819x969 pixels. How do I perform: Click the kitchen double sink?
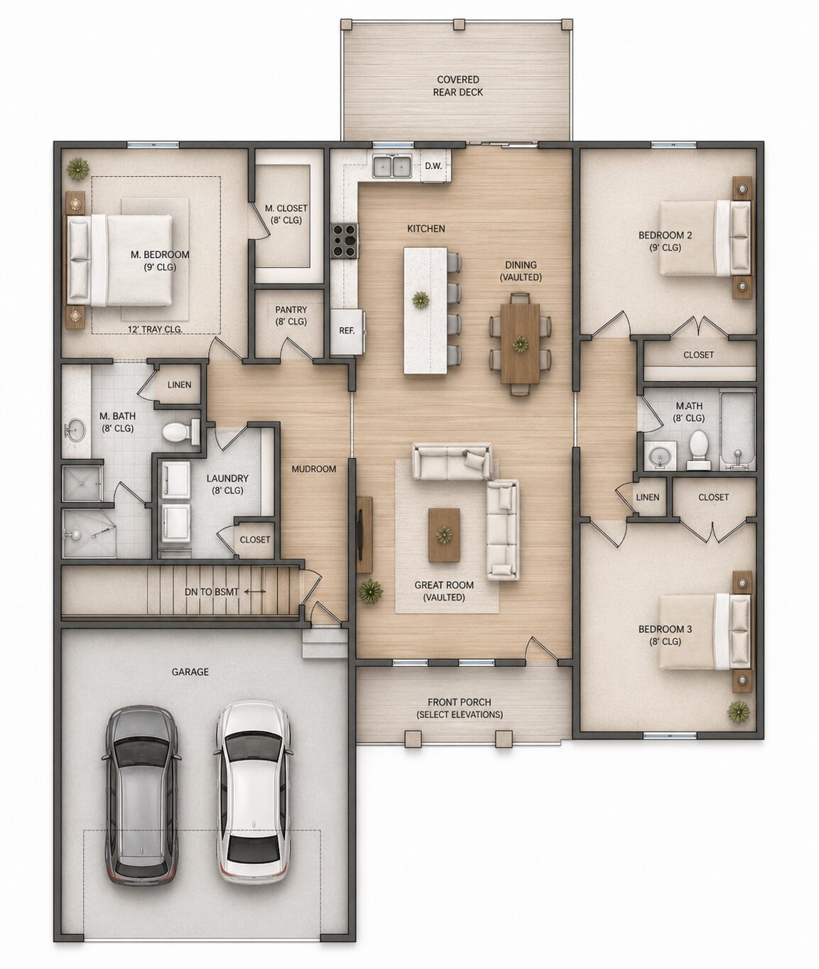pyautogui.click(x=392, y=166)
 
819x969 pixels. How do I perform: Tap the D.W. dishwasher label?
pyautogui.click(x=433, y=166)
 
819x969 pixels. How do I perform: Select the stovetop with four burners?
pyautogui.click(x=345, y=241)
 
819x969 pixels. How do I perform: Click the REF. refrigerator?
pyautogui.click(x=347, y=330)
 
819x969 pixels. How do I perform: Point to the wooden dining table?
pyautogui.click(x=521, y=343)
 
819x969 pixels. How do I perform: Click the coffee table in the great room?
pyautogui.click(x=443, y=535)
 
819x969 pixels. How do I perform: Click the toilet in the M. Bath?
pyautogui.click(x=181, y=431)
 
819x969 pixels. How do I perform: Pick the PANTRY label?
pyautogui.click(x=291, y=315)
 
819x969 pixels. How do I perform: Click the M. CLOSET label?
pyautogui.click(x=286, y=214)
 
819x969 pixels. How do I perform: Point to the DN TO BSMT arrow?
pyautogui.click(x=255, y=592)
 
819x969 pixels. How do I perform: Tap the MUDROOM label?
pyautogui.click(x=314, y=469)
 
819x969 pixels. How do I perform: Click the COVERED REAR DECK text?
pyautogui.click(x=457, y=86)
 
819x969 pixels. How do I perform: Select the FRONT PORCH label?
pyautogui.click(x=460, y=702)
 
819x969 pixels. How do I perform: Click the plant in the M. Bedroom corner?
pyautogui.click(x=78, y=169)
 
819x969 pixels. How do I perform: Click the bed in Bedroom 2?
pyautogui.click(x=705, y=238)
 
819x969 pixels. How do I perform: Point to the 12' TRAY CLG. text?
pyautogui.click(x=155, y=329)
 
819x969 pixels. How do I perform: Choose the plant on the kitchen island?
pyautogui.click(x=421, y=300)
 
